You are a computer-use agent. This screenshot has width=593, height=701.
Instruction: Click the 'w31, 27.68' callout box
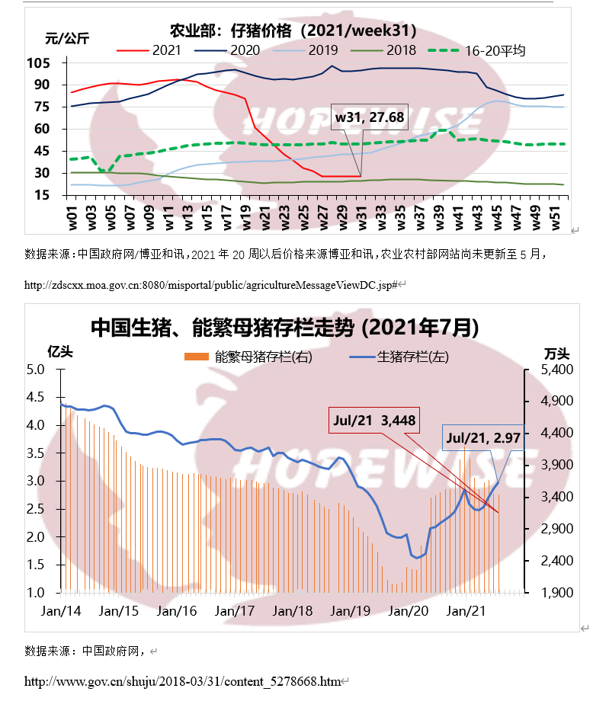[370, 118]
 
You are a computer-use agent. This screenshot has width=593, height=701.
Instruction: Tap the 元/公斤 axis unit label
[66, 38]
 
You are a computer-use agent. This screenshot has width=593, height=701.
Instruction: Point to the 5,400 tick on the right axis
[556, 370]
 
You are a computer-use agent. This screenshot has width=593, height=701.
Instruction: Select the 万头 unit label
[556, 353]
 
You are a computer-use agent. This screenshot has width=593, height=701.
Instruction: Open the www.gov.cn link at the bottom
[183, 680]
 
